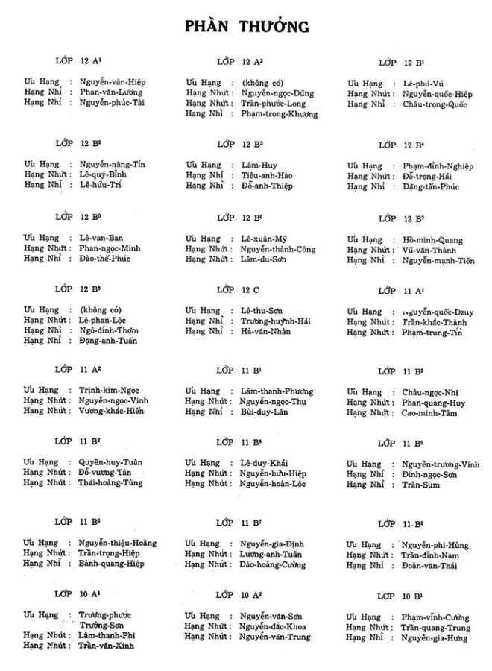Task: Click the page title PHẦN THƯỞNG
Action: click(x=247, y=28)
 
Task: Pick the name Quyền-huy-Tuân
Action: click(x=110, y=462)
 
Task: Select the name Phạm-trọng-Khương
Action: click(x=280, y=114)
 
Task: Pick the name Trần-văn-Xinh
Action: click(x=107, y=645)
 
